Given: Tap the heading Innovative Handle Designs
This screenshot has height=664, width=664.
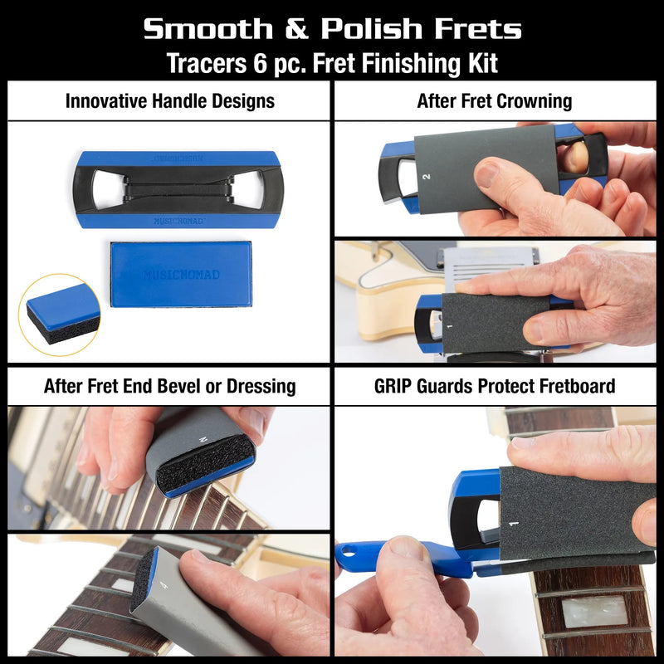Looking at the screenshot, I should [x=169, y=101].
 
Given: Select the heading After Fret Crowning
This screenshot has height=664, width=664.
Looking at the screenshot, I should [x=495, y=101].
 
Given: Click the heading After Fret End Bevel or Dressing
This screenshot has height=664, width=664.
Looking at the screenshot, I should [x=169, y=385].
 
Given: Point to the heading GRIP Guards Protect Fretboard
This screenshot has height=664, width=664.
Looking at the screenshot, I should [x=495, y=385].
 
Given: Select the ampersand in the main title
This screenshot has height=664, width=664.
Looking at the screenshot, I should [x=299, y=29].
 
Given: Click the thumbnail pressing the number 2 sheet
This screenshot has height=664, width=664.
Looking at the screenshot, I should [x=488, y=174].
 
